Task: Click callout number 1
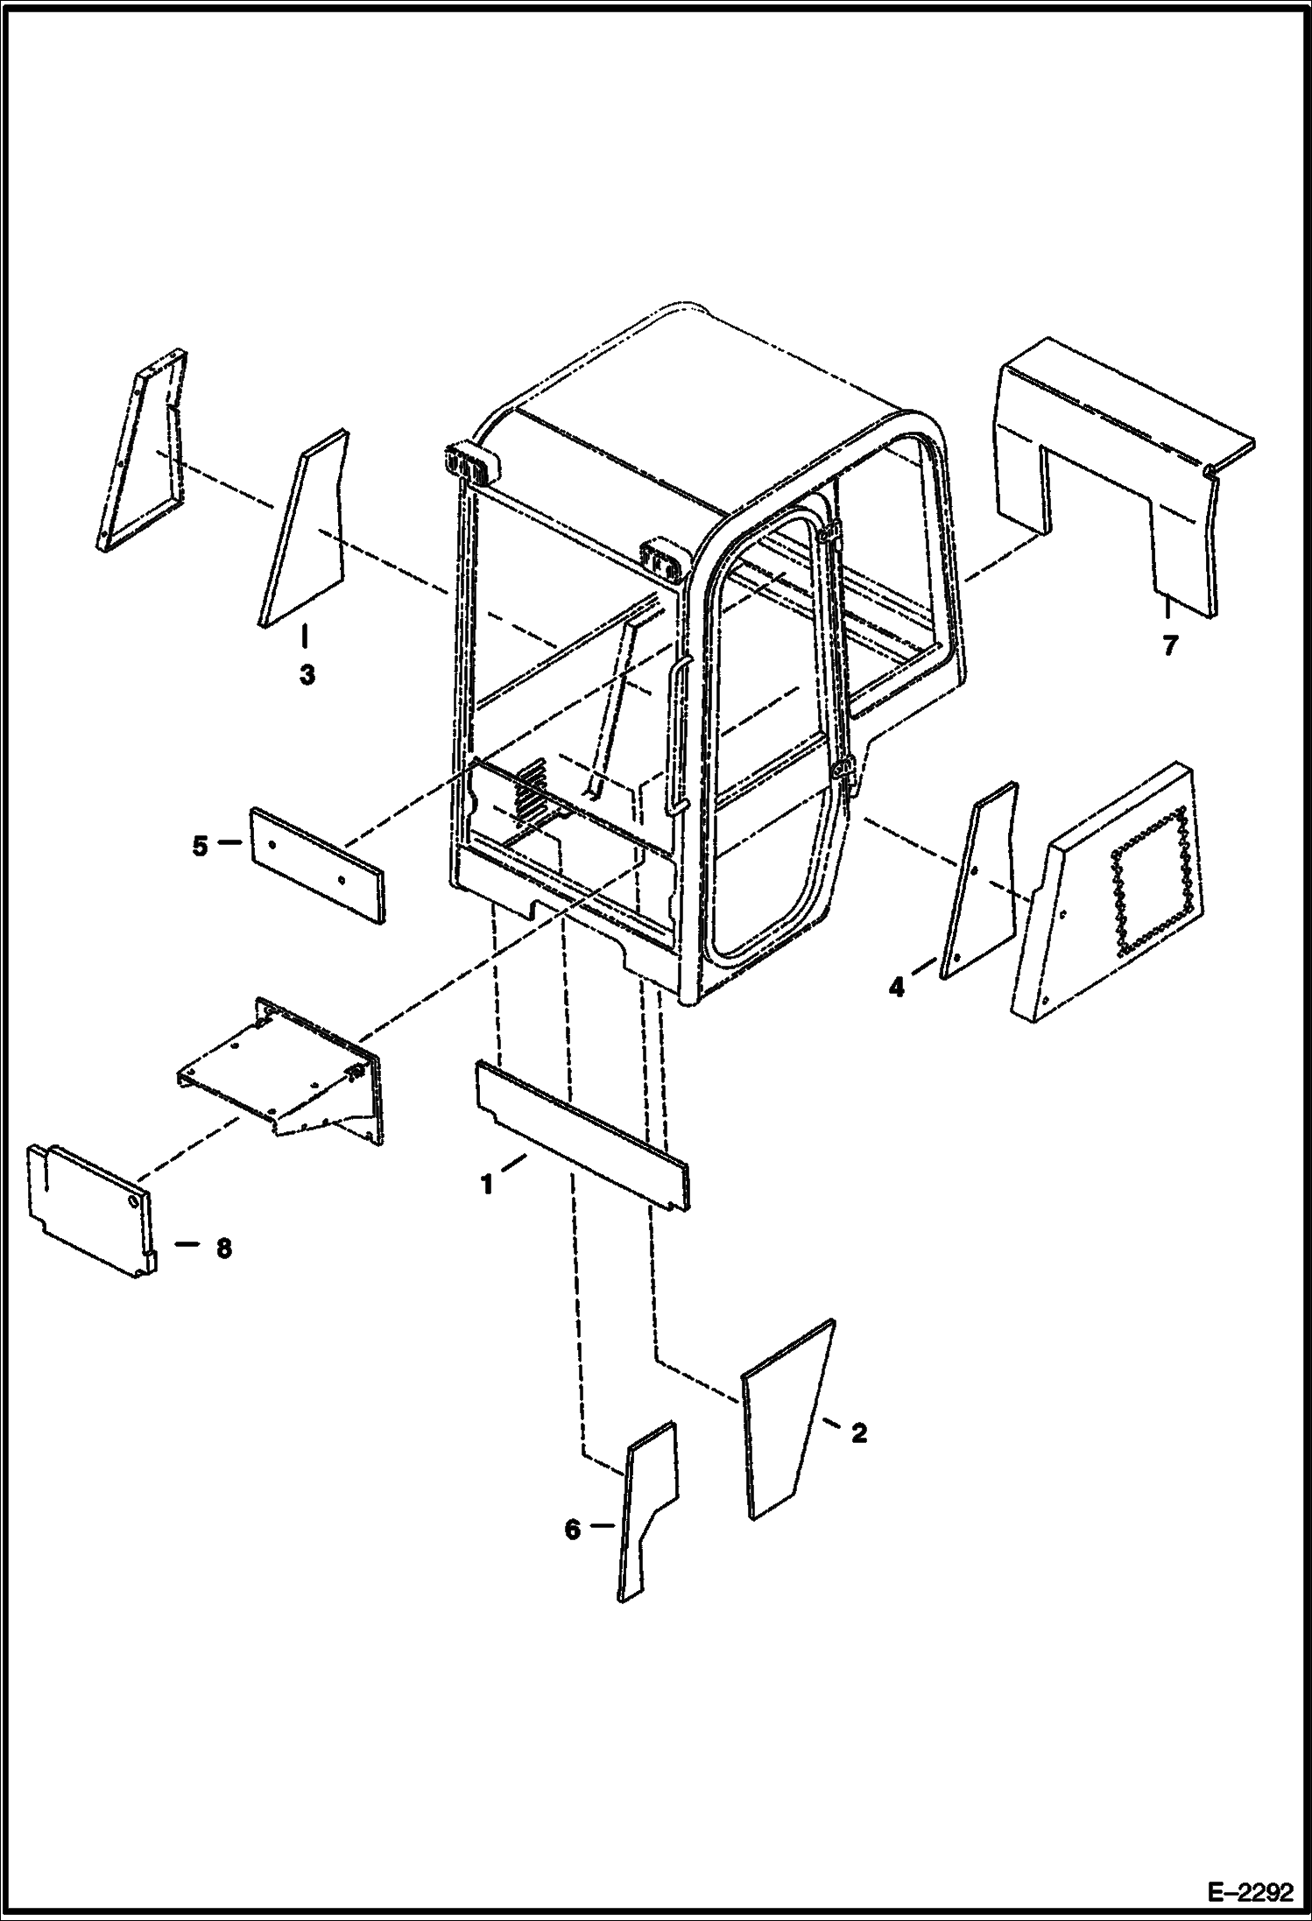click(486, 1186)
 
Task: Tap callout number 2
click(858, 1432)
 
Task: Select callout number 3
click(307, 675)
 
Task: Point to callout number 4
click(896, 988)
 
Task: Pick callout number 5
click(201, 847)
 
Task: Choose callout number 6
click(572, 1529)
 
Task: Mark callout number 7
click(1170, 646)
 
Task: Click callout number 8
click(224, 1248)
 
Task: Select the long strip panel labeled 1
click(582, 1136)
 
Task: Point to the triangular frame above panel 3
click(140, 455)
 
